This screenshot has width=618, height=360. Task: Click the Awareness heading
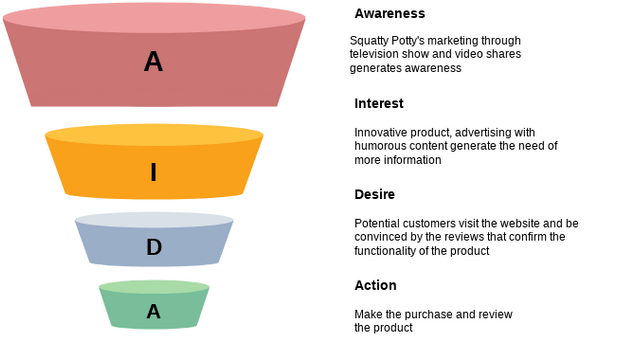point(389,13)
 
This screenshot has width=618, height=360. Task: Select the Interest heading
point(379,103)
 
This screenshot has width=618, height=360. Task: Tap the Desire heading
point(374,194)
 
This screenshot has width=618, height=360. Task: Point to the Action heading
point(375,285)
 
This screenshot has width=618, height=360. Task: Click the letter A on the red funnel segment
point(153,62)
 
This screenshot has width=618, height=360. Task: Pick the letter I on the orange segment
point(153,172)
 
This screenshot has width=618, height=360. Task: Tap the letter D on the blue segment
point(154,247)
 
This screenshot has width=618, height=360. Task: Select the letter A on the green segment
point(154,312)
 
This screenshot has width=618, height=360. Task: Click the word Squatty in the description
point(364,41)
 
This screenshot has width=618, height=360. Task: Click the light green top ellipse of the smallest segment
point(154,287)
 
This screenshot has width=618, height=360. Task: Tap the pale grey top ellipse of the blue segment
point(154,220)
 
